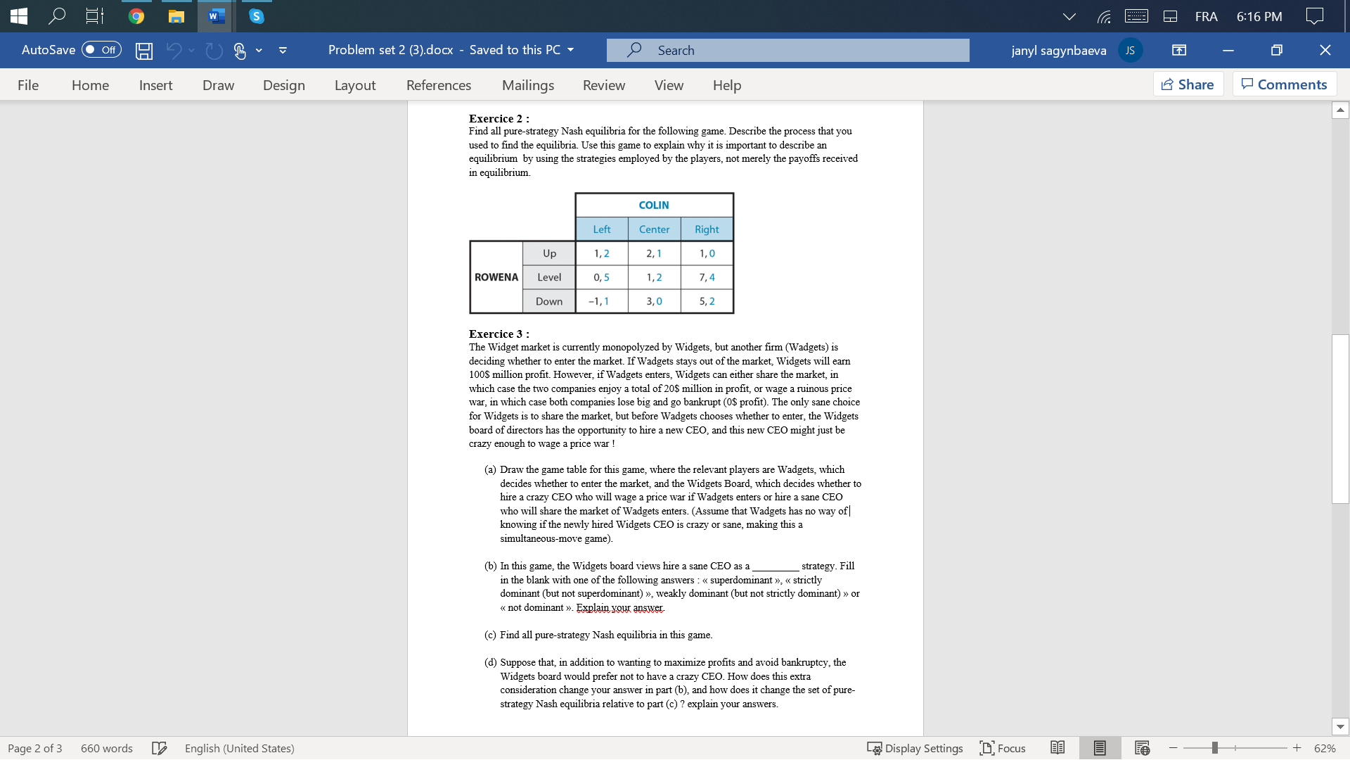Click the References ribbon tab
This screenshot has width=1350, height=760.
tap(438, 85)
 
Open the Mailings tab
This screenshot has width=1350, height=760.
tap(527, 85)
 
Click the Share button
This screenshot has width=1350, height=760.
tap(1188, 84)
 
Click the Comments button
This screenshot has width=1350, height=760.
tap(1284, 84)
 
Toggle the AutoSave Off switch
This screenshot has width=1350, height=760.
tap(101, 50)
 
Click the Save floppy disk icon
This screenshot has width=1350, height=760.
tap(144, 51)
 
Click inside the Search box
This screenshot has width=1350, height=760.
tap(787, 51)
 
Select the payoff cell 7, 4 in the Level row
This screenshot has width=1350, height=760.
tap(707, 277)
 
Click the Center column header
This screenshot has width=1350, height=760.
tap(654, 229)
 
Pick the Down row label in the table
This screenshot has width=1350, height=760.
tap(548, 301)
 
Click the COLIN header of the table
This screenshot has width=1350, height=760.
tap(654, 205)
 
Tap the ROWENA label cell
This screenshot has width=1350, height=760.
tap(496, 277)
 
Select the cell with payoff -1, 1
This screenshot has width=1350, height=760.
tap(600, 301)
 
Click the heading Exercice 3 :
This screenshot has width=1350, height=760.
tap(499, 334)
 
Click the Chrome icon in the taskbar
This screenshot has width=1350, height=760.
tap(136, 16)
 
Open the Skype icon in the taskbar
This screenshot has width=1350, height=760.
tap(257, 16)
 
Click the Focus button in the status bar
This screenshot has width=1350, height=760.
tap(1003, 748)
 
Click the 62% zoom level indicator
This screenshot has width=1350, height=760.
tap(1324, 748)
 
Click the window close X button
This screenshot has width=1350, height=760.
tap(1325, 50)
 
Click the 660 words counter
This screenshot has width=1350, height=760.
tap(106, 748)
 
